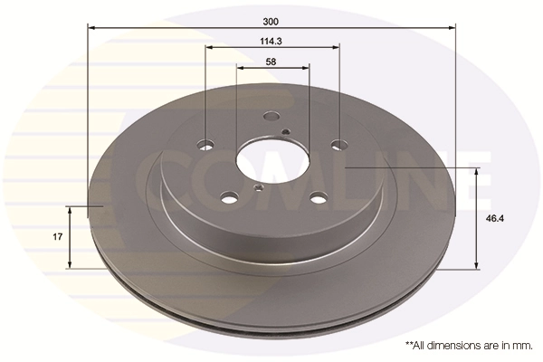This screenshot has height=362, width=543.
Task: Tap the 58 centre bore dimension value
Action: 271,62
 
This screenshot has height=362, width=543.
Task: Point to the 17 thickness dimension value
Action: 56,236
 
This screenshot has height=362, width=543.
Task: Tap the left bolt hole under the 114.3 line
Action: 206,144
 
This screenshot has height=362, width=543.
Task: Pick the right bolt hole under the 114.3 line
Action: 338,144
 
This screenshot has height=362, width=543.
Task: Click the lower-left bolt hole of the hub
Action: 230,197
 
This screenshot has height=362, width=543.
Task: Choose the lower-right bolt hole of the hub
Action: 317,198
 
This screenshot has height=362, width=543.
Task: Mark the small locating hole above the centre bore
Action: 285,132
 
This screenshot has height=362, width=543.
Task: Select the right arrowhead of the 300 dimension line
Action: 454,28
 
